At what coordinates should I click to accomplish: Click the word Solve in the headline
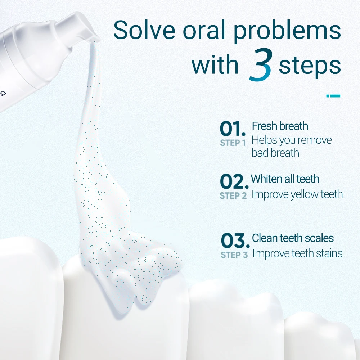144,30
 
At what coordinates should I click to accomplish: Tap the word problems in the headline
287,32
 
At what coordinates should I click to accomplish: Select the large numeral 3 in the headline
261,65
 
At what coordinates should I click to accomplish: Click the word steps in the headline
310,66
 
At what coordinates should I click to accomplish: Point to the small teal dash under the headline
333,96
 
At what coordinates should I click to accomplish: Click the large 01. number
233,129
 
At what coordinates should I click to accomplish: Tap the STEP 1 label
233,143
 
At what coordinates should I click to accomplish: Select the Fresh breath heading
280,126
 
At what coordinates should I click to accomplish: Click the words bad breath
275,153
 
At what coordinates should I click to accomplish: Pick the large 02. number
234,181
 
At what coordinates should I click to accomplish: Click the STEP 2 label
233,196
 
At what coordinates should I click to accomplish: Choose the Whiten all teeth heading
285,179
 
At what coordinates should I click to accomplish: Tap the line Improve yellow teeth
297,194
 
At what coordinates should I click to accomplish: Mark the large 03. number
235,241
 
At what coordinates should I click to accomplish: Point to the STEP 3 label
234,255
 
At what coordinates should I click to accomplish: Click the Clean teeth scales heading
293,238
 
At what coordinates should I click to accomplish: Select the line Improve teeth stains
298,254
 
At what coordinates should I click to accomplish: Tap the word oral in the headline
204,30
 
